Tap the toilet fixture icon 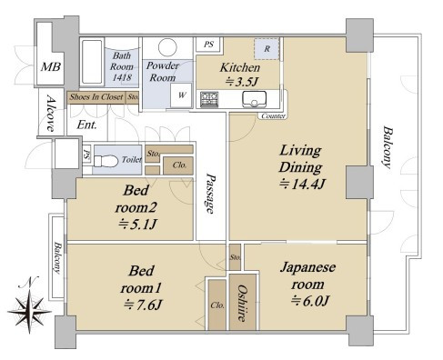pyautogui.click(x=106, y=161)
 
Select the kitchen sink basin pyautogui.click(x=254, y=99)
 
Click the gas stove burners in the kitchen pyautogui.click(x=209, y=99)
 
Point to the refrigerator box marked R pyautogui.click(x=267, y=48)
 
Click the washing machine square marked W pyautogui.click(x=181, y=95)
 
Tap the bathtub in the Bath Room pyautogui.click(x=92, y=62)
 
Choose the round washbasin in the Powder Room pyautogui.click(x=167, y=47)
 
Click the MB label pyautogui.click(x=51, y=66)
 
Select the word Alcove pyautogui.click(x=51, y=113)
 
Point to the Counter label pyautogui.click(x=273, y=116)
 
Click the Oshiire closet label pyautogui.click(x=242, y=303)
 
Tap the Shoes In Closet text pyautogui.click(x=96, y=97)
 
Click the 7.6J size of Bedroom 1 pyautogui.click(x=142, y=305)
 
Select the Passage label pyautogui.click(x=209, y=194)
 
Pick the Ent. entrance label pyautogui.click(x=86, y=125)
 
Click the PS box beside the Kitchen pyautogui.click(x=209, y=45)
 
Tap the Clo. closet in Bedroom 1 pyautogui.click(x=217, y=305)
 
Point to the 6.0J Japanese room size pyautogui.click(x=310, y=301)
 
